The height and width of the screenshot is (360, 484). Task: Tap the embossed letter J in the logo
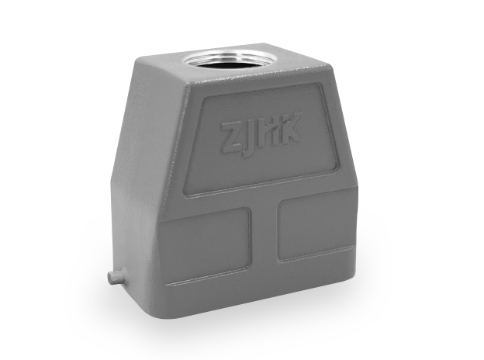(x=248, y=136)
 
